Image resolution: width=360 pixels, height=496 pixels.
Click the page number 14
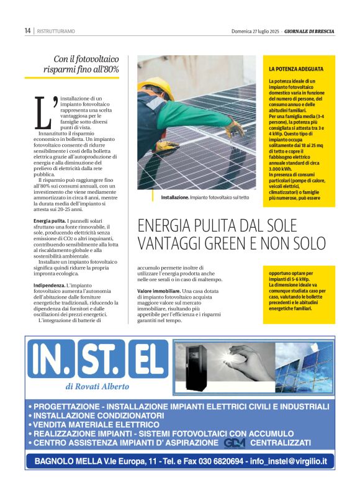point(27,30)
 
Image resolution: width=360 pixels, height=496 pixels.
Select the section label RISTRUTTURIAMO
point(56,31)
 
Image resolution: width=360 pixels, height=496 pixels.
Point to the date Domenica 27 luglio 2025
point(255,30)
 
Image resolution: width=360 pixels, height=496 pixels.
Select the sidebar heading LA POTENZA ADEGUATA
point(295,68)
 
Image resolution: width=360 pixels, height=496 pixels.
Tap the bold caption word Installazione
point(174,197)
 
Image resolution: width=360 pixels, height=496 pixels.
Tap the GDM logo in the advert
point(235,443)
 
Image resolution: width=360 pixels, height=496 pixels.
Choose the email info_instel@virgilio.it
point(290,461)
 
